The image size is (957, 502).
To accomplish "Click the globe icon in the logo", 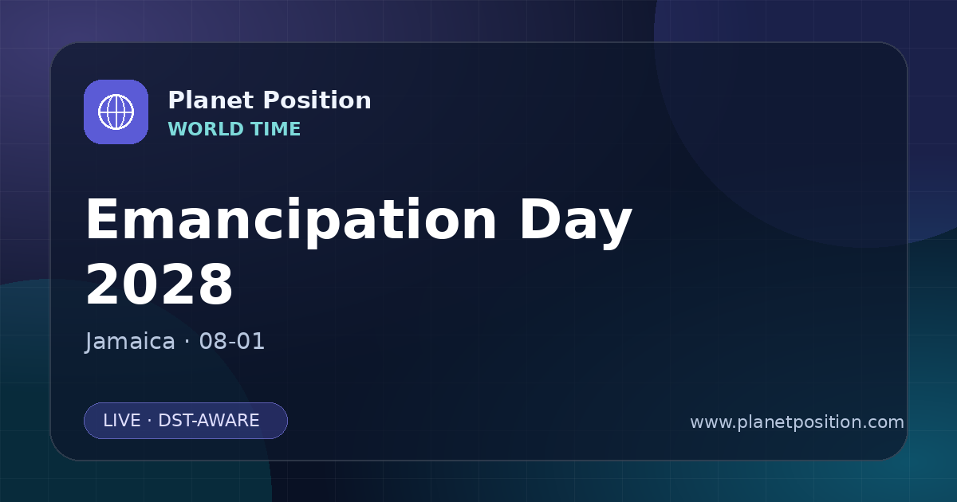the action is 116,112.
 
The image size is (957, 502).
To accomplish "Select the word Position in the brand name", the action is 317,100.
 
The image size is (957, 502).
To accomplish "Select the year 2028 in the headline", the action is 159,284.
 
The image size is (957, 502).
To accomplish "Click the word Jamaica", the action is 130,342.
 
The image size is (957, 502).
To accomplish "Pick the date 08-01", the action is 232,342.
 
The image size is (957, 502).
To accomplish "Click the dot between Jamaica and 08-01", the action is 187,343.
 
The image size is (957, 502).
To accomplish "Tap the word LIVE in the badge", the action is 122,421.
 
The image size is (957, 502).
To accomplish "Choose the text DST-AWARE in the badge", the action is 209,421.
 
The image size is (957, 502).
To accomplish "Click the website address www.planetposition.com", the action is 797,422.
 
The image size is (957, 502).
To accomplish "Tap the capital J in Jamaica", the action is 89,342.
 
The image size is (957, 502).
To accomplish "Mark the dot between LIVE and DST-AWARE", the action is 150,421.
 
